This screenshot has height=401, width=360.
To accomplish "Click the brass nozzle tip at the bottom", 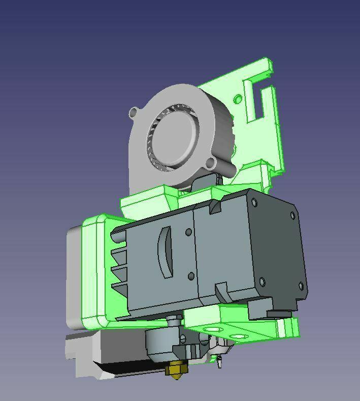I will pyautogui.click(x=177, y=370).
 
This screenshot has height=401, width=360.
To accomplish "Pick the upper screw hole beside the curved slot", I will pyautogui.click(x=189, y=232).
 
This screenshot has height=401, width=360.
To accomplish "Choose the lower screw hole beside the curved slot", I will pyautogui.click(x=191, y=276).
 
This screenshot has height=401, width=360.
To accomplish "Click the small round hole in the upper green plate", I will pyautogui.click(x=238, y=98).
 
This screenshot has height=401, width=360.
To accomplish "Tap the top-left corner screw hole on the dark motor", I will pyautogui.click(x=254, y=203).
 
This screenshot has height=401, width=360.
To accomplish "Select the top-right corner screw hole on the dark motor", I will pyautogui.click(x=292, y=215).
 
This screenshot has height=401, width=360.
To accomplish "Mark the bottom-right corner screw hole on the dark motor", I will pyautogui.click(x=301, y=287).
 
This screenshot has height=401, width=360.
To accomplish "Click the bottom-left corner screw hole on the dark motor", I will pyautogui.click(x=262, y=281).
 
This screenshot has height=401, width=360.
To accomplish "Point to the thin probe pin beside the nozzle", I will pyautogui.click(x=219, y=363).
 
